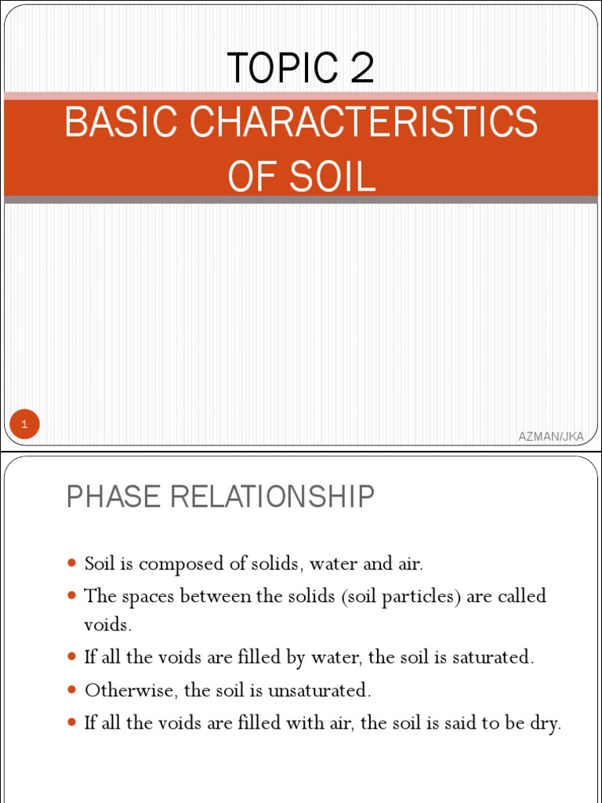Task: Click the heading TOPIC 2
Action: [x=301, y=68]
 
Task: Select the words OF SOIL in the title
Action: [x=301, y=176]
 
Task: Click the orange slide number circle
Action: [x=24, y=425]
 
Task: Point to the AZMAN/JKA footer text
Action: [x=551, y=436]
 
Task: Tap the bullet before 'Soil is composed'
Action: [x=72, y=563]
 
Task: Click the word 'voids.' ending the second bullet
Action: [x=108, y=625]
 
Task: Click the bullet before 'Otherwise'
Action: [x=72, y=690]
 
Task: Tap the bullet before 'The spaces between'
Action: [x=72, y=595]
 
